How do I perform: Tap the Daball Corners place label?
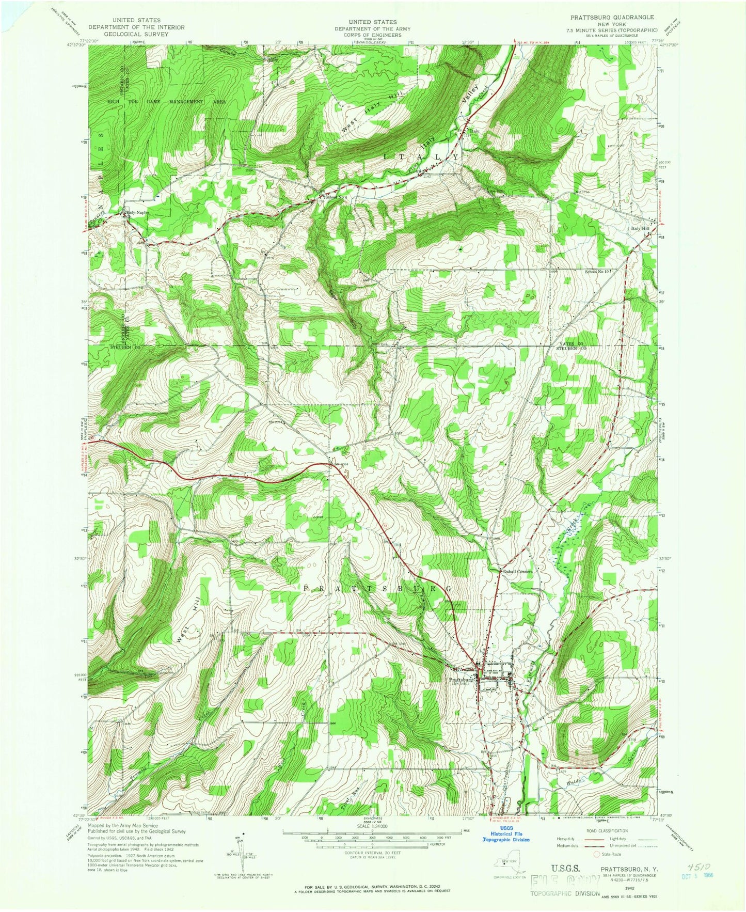coord(518,571)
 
